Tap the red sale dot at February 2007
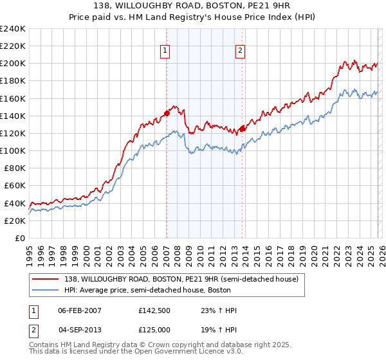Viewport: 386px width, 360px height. [167, 113]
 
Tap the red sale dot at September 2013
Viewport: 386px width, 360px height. [242, 129]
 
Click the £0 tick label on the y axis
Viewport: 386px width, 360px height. [19, 238]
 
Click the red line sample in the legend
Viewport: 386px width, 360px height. [44, 280]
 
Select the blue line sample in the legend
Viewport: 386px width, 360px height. [44, 291]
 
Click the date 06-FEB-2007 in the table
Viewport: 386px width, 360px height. [80, 310]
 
